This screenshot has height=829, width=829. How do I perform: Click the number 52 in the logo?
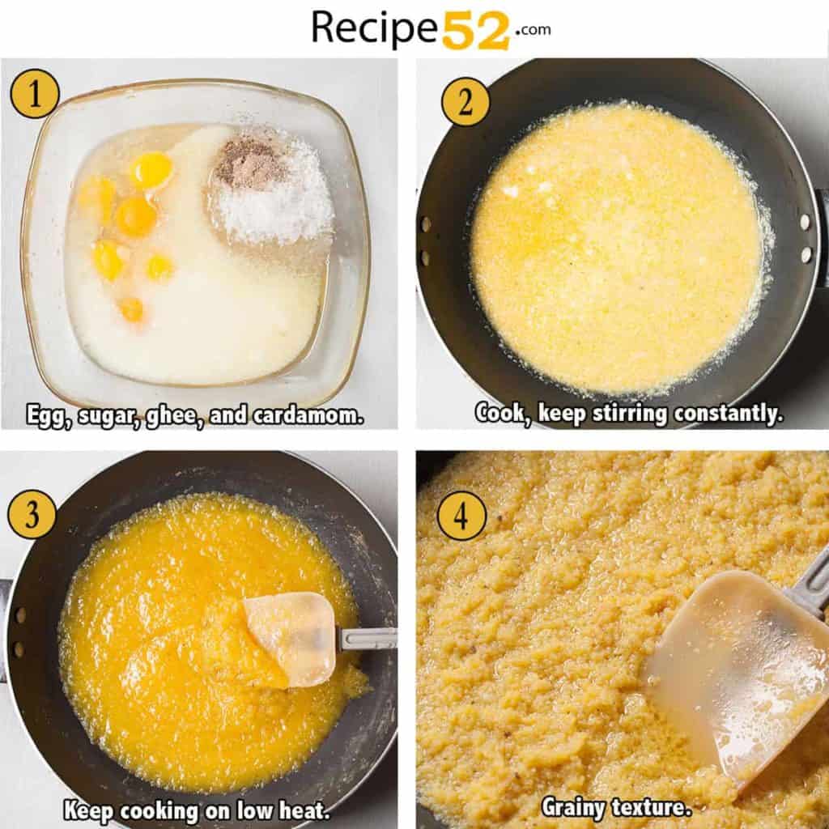point(475,30)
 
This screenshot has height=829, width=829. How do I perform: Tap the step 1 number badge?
point(34,94)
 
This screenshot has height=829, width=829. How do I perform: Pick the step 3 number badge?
point(32,515)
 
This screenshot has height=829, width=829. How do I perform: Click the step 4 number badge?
point(461,516)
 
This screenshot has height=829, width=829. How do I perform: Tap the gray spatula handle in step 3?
point(366,639)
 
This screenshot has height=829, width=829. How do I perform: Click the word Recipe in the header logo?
point(375,28)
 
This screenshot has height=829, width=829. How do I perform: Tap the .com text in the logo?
point(531,30)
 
